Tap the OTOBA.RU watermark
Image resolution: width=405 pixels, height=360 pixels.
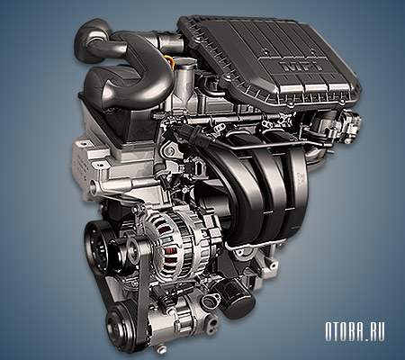coord(355,331)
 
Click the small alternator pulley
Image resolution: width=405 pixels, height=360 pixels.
coord(132,248)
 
